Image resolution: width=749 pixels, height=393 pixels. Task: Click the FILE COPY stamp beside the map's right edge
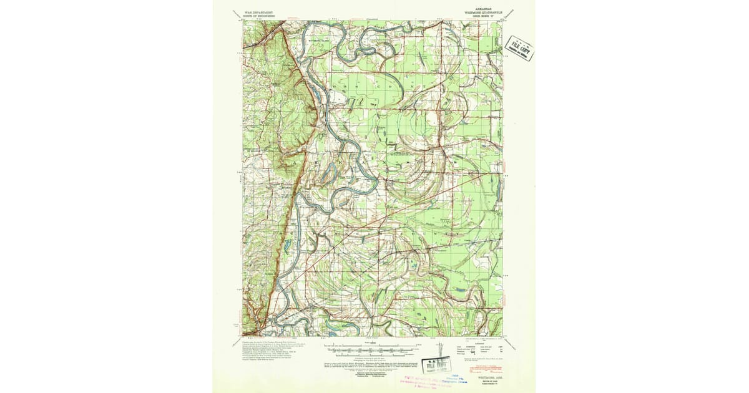(519, 47)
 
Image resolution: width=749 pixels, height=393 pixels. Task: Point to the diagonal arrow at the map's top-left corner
(236, 12)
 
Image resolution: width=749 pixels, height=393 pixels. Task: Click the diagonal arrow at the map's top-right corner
(510, 12)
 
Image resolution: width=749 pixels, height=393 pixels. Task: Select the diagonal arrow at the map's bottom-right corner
(510, 342)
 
